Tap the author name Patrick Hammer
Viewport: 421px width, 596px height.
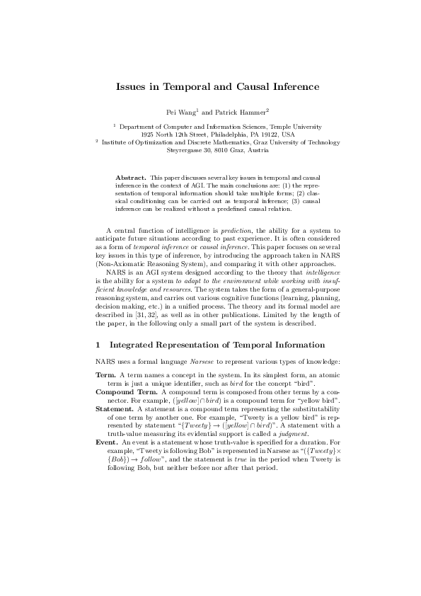pyautogui.click(x=235, y=112)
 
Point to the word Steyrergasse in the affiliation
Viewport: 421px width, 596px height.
pyautogui.click(x=185, y=149)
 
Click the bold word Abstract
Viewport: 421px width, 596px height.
pyautogui.click(x=130, y=176)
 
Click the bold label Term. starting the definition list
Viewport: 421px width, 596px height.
pyautogui.click(x=106, y=374)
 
